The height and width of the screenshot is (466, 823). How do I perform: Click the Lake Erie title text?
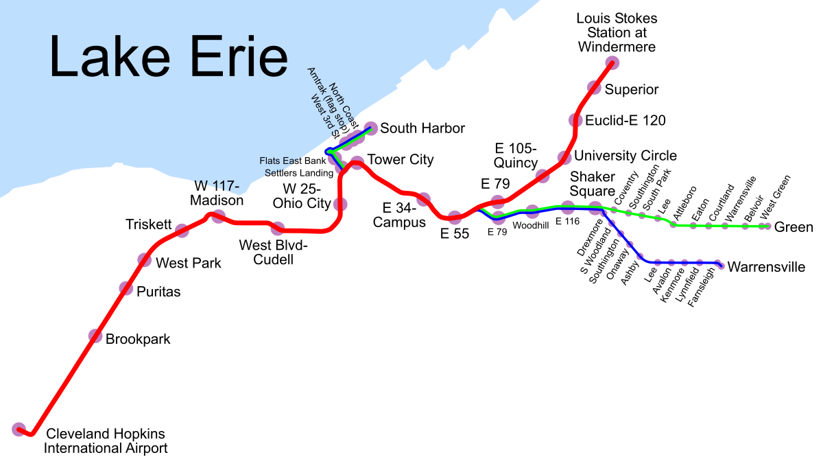(x=168, y=57)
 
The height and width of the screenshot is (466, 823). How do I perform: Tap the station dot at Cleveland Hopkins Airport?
(x=19, y=430)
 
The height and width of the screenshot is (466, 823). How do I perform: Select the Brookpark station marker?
(x=95, y=336)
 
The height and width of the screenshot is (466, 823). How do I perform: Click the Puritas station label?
(x=158, y=292)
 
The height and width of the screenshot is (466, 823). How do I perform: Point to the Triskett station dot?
(x=182, y=231)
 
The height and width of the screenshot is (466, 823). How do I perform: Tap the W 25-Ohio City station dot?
(x=339, y=204)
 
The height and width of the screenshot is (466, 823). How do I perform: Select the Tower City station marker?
(x=357, y=163)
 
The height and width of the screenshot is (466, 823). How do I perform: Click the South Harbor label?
(x=422, y=128)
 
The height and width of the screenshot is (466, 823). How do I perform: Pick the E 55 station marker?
(x=454, y=218)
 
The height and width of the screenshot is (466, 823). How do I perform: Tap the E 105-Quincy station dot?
(x=542, y=176)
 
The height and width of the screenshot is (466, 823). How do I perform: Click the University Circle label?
(x=625, y=156)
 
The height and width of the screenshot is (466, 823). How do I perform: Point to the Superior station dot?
(x=594, y=87)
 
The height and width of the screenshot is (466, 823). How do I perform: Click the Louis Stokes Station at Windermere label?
(x=617, y=32)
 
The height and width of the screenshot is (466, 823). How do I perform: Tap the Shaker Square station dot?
(x=595, y=207)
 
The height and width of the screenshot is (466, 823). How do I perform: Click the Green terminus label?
(x=794, y=227)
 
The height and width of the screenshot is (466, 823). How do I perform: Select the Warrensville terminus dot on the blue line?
(x=719, y=264)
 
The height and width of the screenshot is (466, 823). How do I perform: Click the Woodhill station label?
(x=530, y=225)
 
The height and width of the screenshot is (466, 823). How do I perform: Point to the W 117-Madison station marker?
(x=219, y=217)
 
